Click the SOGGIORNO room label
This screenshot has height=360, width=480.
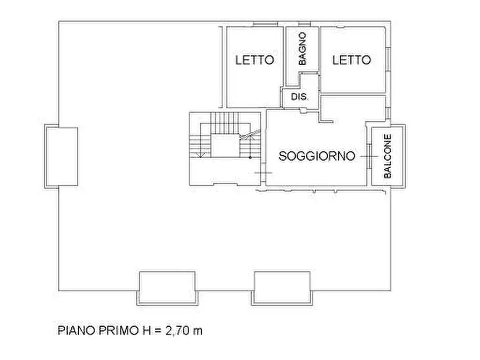[317, 156]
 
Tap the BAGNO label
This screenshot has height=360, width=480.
[303, 49]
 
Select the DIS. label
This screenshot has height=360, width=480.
[299, 97]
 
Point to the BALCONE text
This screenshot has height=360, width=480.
[388, 156]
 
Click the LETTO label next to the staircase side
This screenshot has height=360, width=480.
[254, 60]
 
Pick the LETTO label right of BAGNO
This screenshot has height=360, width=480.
[351, 60]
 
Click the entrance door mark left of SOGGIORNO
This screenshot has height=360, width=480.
[263, 172]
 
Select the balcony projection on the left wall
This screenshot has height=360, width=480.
[61, 156]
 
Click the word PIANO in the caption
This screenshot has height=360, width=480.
[74, 330]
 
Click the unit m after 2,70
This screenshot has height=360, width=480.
[198, 330]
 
